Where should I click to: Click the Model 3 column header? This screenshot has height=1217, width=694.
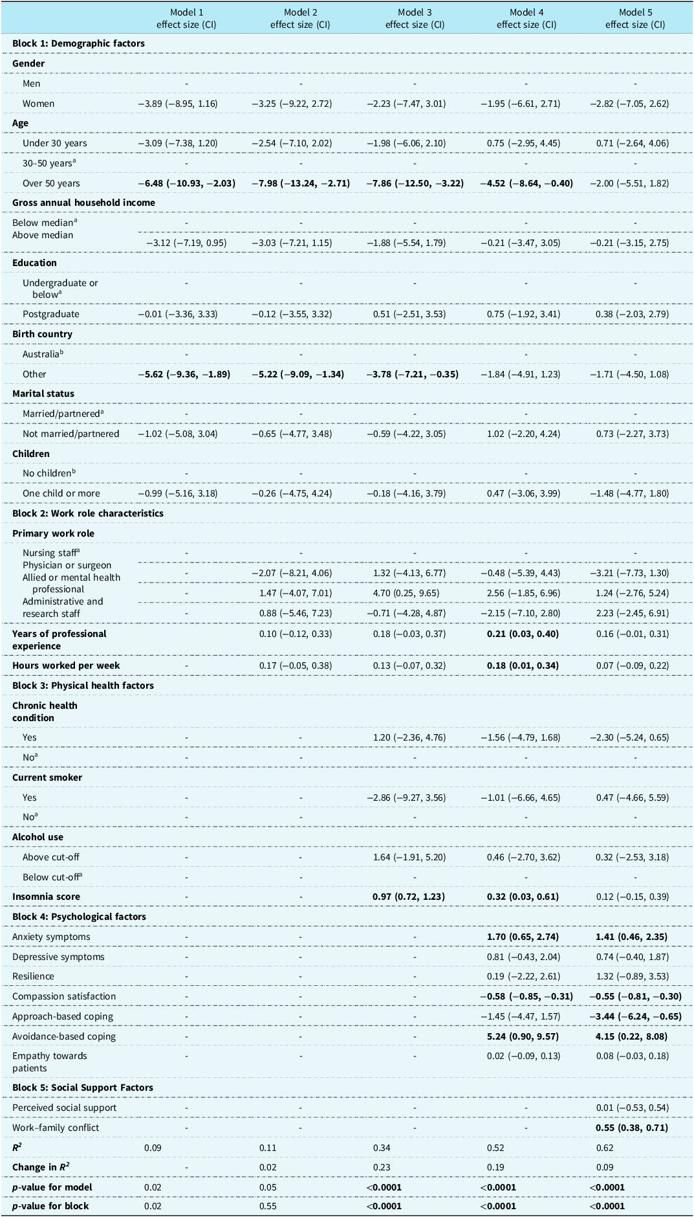coord(415,19)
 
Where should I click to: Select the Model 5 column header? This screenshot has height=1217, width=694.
coord(635,19)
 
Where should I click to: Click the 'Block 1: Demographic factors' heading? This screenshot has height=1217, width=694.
coord(78,43)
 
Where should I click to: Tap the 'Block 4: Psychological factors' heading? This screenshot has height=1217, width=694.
coord(79,917)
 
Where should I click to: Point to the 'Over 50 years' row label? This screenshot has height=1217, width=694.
coord(51,183)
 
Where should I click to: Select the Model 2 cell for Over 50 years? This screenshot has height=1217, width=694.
coord(301,183)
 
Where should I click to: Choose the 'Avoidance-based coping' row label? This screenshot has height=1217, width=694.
coord(64,1036)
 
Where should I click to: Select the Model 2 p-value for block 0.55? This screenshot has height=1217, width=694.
coord(268,1206)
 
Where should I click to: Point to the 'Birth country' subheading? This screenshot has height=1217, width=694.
coord(42,334)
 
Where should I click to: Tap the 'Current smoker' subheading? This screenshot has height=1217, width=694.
coord(47,777)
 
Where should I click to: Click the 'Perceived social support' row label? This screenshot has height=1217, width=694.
coord(65,1108)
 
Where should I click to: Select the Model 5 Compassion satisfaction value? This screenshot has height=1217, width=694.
coord(635,996)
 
